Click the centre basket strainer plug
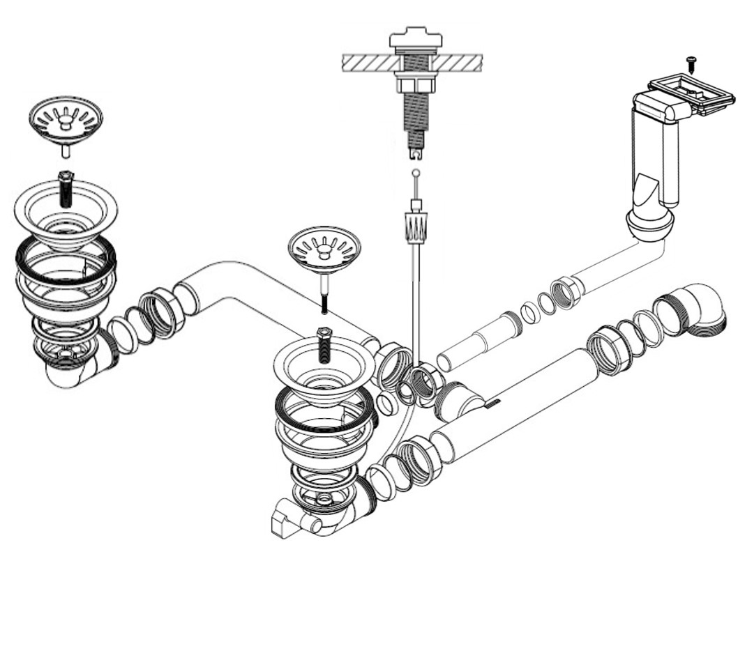tap(324, 247)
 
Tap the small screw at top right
tap(692, 63)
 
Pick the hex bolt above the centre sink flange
tap(324, 343)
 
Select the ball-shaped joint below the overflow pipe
tap(650, 224)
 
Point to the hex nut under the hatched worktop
tap(416, 85)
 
